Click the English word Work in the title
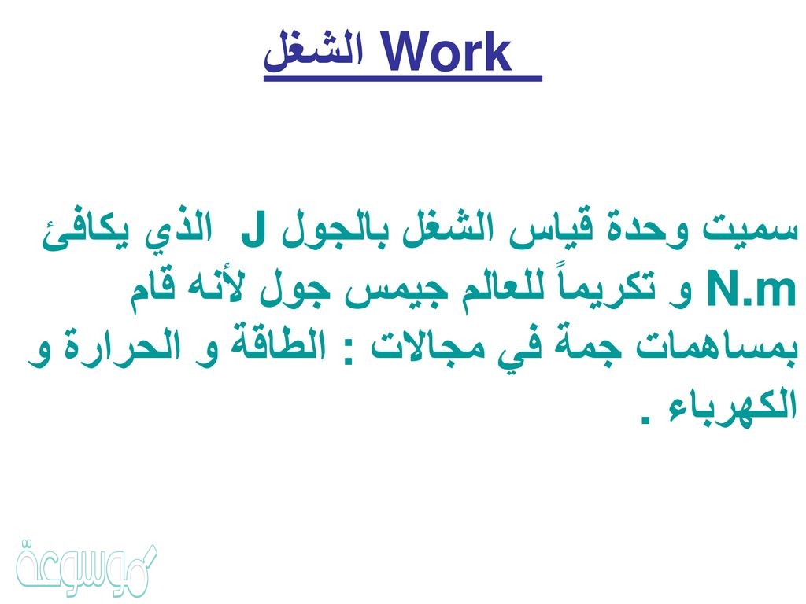pyautogui.click(x=447, y=52)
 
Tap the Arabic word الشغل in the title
pyautogui.click(x=314, y=51)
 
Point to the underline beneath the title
pyautogui.click(x=403, y=79)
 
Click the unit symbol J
pyautogui.click(x=253, y=232)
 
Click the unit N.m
pyautogui.click(x=752, y=291)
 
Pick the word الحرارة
pyautogui.click(x=125, y=348)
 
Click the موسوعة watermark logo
pyautogui.click(x=87, y=569)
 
